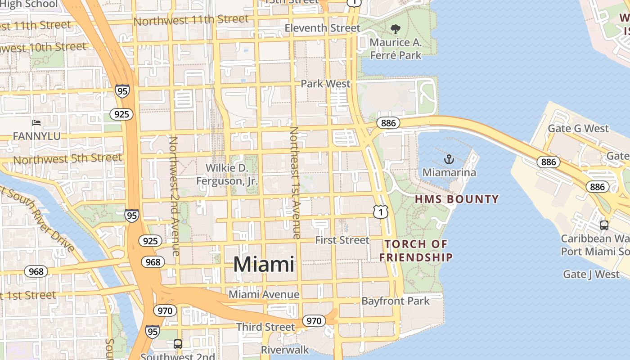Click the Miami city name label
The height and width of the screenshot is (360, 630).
(x=264, y=264)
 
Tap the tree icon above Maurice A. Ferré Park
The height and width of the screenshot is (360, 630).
(x=396, y=30)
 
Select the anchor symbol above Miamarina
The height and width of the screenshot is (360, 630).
(x=449, y=159)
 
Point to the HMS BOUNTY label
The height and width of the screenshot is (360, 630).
(x=457, y=199)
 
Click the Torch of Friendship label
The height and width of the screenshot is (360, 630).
(x=416, y=251)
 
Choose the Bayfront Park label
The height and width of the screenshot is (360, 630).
(x=396, y=301)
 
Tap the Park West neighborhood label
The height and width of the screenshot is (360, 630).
(x=325, y=84)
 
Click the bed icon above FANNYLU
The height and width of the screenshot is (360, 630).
(x=36, y=123)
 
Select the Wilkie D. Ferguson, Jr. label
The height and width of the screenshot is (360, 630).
(x=227, y=175)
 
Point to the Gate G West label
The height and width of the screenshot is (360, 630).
(x=578, y=129)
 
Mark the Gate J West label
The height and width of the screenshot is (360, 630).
(x=591, y=274)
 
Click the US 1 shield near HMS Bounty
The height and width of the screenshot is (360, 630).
(x=380, y=211)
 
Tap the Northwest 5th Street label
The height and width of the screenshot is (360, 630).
(x=67, y=159)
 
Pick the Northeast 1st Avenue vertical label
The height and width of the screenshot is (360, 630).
(x=295, y=182)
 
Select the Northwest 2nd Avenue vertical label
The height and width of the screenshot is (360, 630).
(x=174, y=196)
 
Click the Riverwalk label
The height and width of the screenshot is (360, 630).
(x=285, y=350)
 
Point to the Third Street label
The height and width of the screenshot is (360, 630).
(x=265, y=327)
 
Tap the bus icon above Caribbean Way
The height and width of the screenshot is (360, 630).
(x=604, y=225)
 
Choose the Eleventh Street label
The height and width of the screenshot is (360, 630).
(x=323, y=28)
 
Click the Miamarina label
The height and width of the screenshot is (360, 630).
(x=449, y=172)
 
